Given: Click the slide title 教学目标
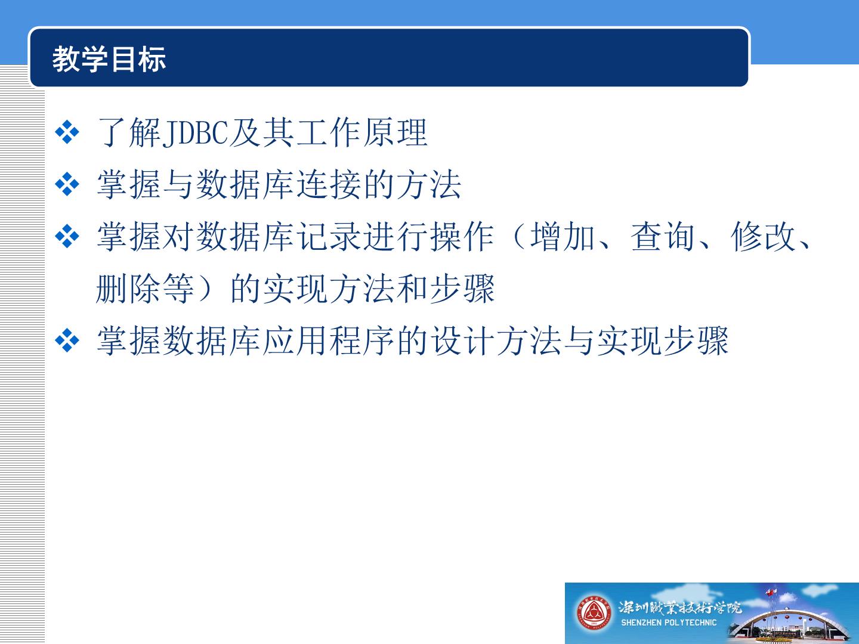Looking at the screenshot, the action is pos(109,59).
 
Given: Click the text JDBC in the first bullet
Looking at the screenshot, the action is pos(195,133).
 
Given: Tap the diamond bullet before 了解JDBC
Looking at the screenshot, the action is pos(67,132).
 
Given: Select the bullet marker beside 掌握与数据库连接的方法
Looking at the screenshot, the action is pos(67,184).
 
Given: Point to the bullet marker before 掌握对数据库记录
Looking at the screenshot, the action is pos(67,236).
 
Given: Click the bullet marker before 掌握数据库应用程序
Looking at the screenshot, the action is pos(67,340).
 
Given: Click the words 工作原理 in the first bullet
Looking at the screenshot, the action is pos(362,133).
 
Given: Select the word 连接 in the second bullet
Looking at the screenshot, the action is pos(329,185).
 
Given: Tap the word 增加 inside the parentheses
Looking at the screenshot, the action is pos(563,237).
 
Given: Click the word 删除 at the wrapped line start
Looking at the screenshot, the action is pos(128,289).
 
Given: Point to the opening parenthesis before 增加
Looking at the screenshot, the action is pos(517,237).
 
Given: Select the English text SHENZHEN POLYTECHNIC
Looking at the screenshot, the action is pos(669,623).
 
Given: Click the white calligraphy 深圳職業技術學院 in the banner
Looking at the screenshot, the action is pos(680,608).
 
